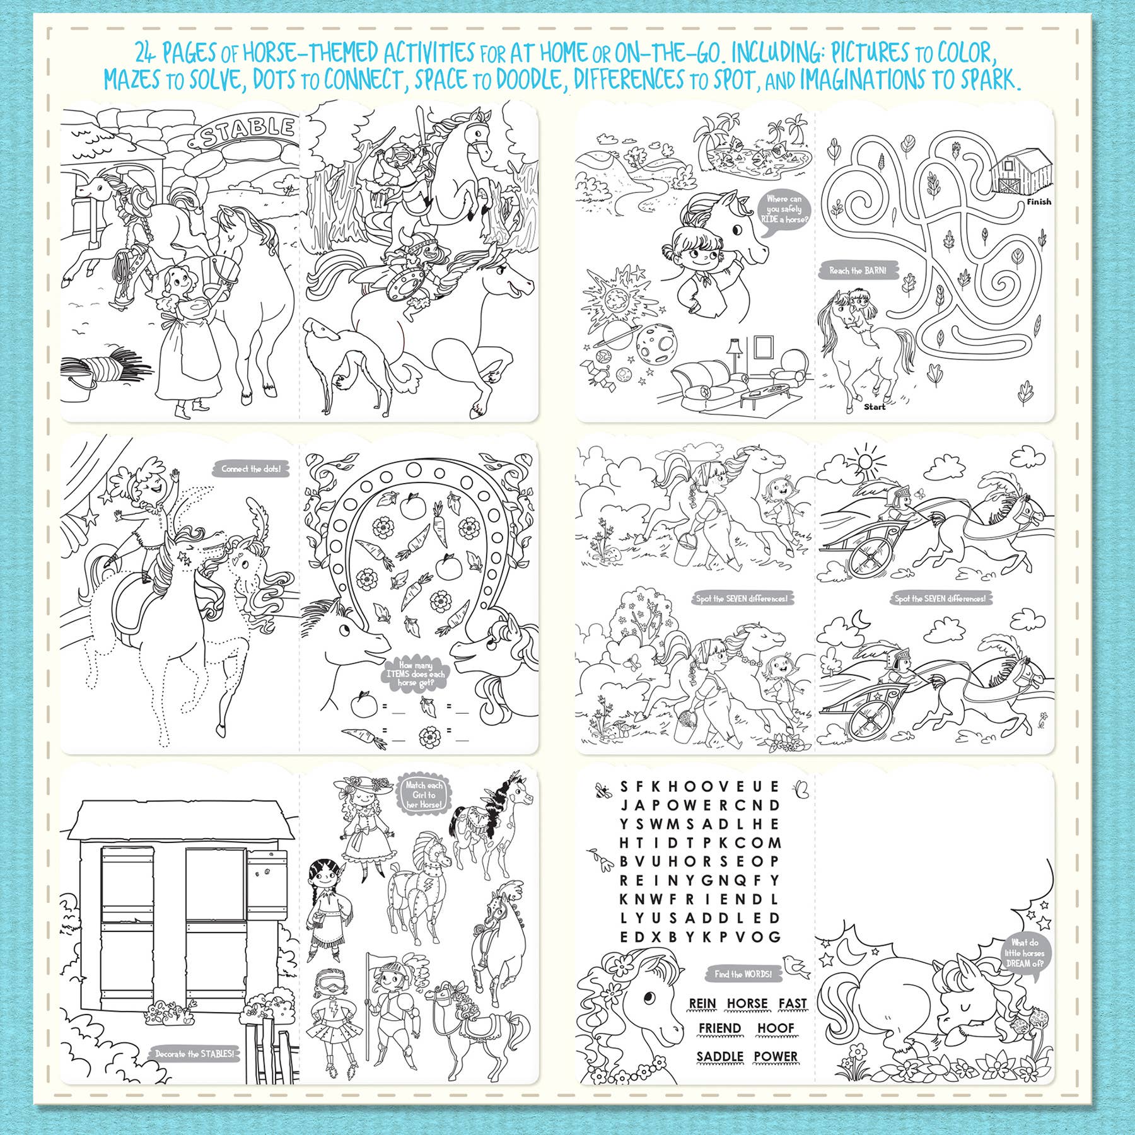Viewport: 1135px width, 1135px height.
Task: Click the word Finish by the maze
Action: pos(1039,202)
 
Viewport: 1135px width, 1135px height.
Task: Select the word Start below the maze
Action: pos(875,407)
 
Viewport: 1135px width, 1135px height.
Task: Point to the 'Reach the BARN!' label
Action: pos(858,271)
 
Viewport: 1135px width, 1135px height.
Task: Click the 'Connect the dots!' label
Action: pos(250,469)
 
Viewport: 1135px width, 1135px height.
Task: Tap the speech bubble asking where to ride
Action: pos(784,209)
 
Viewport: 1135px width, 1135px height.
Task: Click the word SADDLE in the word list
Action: pos(719,1056)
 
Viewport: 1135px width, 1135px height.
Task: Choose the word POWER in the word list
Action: pos(776,1056)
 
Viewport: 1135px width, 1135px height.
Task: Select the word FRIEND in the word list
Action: pos(719,1028)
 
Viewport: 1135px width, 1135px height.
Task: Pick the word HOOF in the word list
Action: pos(776,1028)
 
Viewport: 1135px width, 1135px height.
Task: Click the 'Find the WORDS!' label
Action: pos(743,974)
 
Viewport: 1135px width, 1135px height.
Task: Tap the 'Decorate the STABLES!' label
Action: pos(194,1054)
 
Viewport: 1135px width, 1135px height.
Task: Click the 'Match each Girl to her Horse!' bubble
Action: pos(424,794)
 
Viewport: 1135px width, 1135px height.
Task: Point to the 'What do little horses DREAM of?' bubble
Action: pos(1024,953)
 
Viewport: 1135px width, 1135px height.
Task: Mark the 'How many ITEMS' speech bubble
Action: pos(416,673)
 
